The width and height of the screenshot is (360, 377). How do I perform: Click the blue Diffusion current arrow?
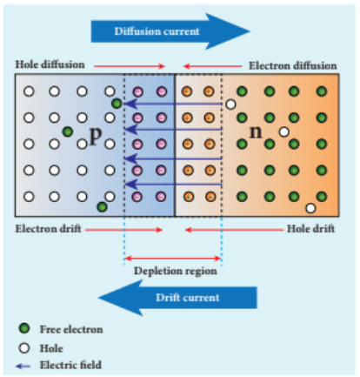pos(170,31)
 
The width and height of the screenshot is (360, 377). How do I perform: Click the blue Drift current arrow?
pos(177,298)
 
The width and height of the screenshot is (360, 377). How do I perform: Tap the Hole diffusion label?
pos(50,64)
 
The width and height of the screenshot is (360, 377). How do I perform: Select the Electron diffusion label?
pos(293,65)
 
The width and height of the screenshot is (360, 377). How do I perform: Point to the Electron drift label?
pos(48,229)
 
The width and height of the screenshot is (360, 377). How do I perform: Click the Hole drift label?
pos(310,229)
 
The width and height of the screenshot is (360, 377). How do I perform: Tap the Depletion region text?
pos(176,271)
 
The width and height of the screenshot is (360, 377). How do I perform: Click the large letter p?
pos(96,135)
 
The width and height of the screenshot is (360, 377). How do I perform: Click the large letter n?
pos(256,131)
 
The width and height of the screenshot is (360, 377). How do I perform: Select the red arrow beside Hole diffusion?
pos(130,66)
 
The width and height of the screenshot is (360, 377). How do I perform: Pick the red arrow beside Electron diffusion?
pos(212,66)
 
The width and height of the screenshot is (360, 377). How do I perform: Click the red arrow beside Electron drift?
pos(123,230)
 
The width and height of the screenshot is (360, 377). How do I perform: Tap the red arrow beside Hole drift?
pos(234,230)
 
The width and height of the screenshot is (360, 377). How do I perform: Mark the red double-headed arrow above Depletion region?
pos(173,258)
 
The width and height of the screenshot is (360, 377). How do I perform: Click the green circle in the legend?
pos(24,328)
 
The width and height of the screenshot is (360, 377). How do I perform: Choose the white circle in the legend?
pos(24,347)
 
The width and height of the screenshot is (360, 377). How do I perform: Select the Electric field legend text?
pos(70,365)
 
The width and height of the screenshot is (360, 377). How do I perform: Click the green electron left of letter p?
pos(68,131)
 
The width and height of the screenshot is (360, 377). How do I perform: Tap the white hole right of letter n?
pos(284,132)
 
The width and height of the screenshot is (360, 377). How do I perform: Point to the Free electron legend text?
pos(71,329)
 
